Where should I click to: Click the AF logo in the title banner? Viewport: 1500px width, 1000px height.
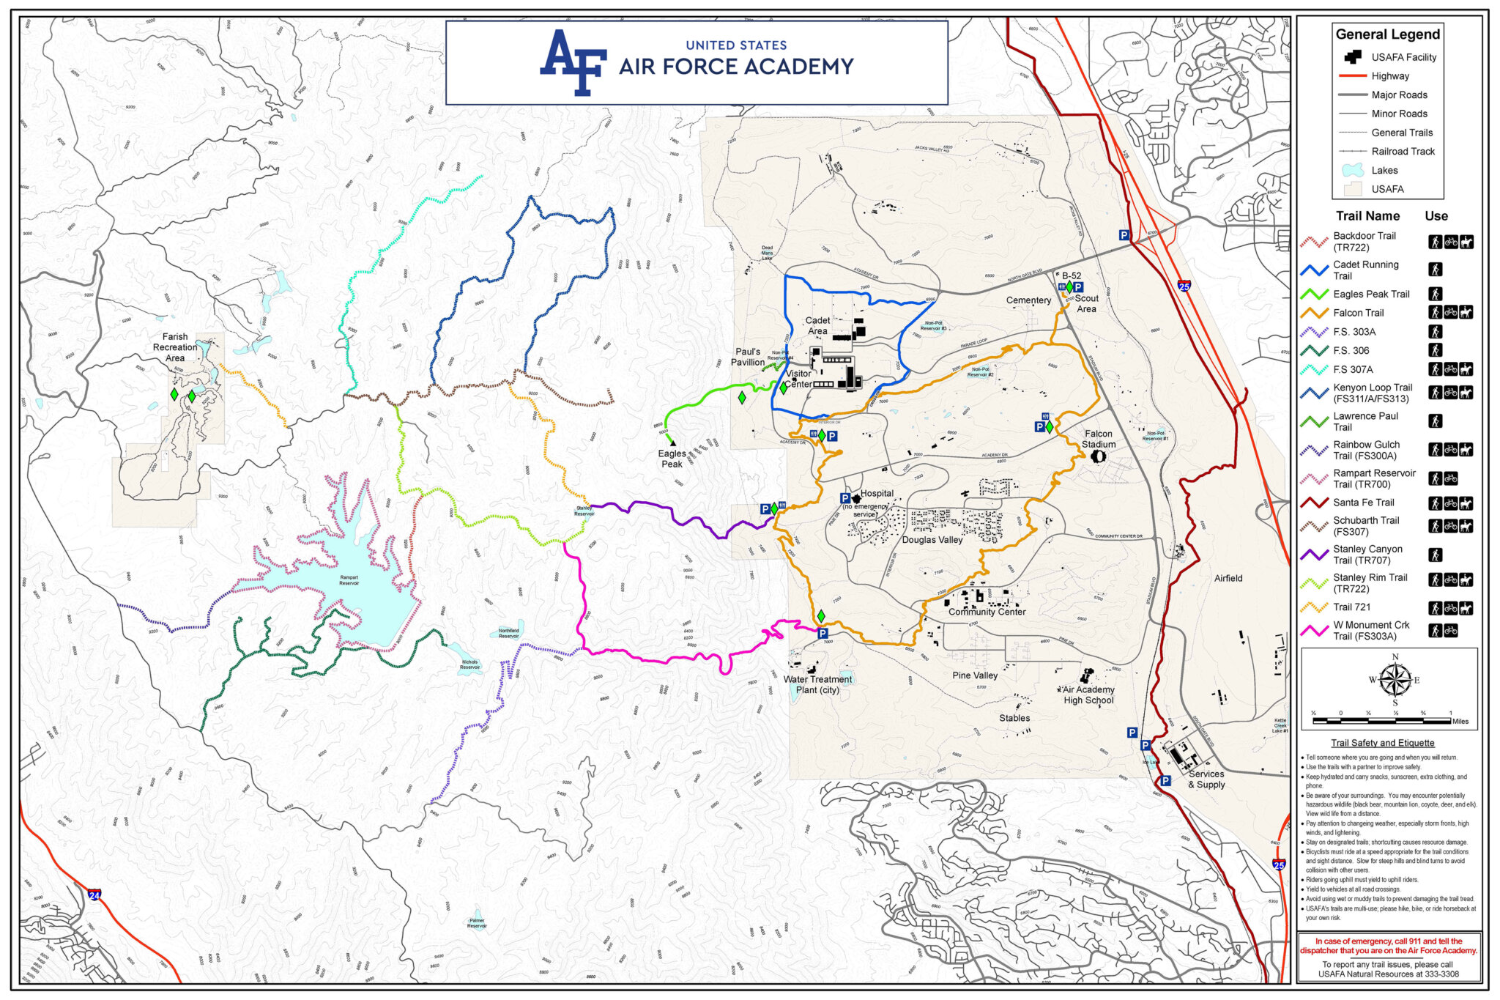[x=573, y=63]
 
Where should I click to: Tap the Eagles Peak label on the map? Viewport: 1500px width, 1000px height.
[x=672, y=459]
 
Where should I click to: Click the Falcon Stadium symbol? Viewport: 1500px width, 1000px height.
[x=1098, y=456]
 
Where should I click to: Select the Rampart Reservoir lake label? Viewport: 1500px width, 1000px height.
[x=349, y=580]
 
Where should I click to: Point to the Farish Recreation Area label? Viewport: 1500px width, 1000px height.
[x=175, y=347]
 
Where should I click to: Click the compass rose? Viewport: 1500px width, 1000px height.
[x=1395, y=680]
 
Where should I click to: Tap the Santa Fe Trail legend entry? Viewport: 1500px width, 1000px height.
[x=1363, y=503]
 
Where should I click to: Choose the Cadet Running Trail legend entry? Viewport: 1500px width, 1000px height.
[x=1365, y=270]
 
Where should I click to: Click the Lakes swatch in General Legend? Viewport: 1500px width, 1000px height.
[x=1351, y=170]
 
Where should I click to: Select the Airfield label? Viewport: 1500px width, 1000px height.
[x=1228, y=578]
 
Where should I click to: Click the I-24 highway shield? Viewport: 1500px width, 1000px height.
[x=94, y=895]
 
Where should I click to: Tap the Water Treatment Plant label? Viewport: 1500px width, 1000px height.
[x=817, y=684]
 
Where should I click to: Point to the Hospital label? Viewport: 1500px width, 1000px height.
[x=877, y=494]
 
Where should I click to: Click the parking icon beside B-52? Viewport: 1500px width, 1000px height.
[x=1078, y=287]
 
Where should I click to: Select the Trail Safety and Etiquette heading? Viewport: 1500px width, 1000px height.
[x=1382, y=743]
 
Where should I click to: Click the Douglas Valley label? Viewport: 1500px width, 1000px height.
[x=932, y=540]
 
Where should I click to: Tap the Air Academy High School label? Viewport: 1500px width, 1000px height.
[x=1088, y=695]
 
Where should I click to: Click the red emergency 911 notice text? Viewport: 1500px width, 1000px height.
[x=1389, y=946]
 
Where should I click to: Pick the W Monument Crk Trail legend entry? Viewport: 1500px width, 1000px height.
[x=1370, y=631]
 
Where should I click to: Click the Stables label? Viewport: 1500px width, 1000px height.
[x=1014, y=718]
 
